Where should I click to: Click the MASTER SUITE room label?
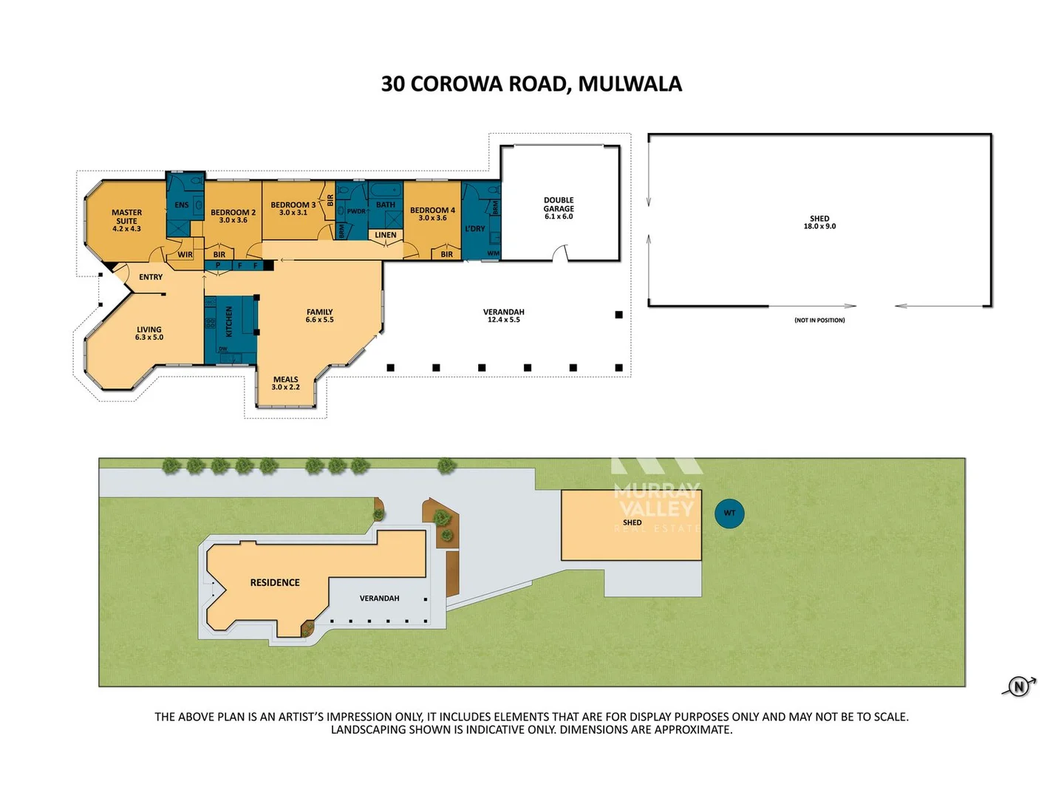[126, 220]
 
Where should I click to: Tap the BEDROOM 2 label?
[233, 216]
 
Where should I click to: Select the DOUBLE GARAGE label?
[559, 208]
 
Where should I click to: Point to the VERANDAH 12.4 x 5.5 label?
[504, 316]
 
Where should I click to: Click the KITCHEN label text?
[229, 322]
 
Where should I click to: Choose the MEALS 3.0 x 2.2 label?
[285, 383]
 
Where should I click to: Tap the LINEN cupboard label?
[386, 235]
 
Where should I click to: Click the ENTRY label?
[151, 277]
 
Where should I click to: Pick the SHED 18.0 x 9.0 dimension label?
[819, 222]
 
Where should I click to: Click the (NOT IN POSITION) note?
[819, 320]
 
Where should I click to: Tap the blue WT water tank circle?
[729, 513]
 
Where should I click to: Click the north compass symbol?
[1019, 686]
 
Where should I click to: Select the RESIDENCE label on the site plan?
[275, 582]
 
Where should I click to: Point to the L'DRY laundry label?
[475, 228]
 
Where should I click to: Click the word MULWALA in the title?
[630, 84]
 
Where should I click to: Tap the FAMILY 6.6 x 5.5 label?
[319, 316]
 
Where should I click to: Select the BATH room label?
[386, 205]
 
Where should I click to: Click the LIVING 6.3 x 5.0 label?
[149, 333]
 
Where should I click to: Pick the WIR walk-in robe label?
[185, 255]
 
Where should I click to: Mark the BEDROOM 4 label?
[432, 214]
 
